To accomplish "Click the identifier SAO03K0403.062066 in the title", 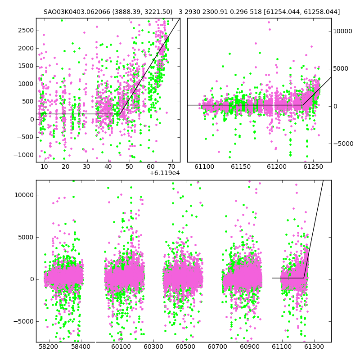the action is pos(77,12).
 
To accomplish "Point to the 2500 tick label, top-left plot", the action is pos(26,31).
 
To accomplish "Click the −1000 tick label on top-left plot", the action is pos(24,155).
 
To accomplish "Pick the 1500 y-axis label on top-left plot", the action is pos(26,66).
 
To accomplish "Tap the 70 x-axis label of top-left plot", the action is pos(172,166).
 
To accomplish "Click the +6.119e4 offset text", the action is pos(165,173).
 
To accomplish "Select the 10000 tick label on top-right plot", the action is pos(342,31).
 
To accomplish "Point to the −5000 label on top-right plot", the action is pos(343,144).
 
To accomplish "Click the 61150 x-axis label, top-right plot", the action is pos(241,166).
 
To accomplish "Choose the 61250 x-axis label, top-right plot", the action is pos(313,166).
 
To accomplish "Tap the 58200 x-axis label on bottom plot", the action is pos(49,346).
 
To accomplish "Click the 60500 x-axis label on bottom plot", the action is pos(185,346).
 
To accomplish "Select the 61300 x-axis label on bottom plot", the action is pos(314,346).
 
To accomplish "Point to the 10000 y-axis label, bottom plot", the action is pos(24,195).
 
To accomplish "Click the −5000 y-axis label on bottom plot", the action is pos(24,321).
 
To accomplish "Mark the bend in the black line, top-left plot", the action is pos(120,114).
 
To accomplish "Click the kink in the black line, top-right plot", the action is pos(302,105).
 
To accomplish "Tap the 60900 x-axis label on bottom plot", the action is pos(250,346).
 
